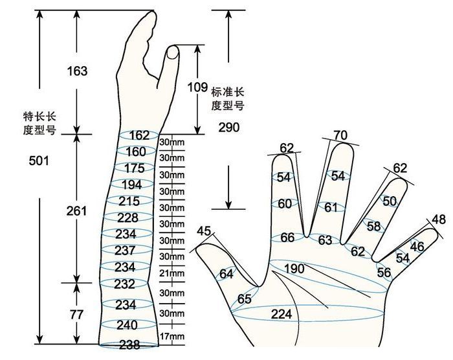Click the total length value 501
39,161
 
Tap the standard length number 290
229,127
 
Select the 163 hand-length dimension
77,71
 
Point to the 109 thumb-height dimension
197,87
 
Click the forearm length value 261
76,211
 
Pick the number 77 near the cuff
76,315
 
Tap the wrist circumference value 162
139,135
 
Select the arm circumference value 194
132,185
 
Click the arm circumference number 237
125,251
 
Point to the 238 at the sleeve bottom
129,344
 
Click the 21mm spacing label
171,273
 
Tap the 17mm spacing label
172,336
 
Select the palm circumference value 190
294,269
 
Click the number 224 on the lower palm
282,314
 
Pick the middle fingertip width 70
340,135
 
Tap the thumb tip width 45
204,231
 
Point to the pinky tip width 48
439,219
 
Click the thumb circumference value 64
226,274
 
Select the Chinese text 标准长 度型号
228,99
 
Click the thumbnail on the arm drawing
173,52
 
